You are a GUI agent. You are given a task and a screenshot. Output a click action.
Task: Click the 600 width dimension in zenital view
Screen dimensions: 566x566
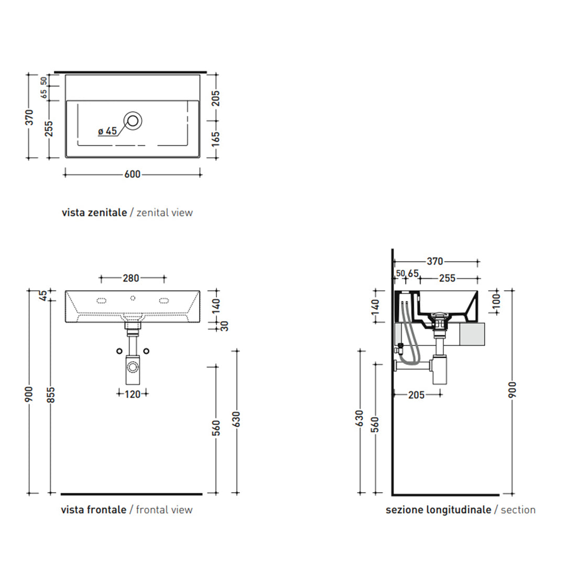132,175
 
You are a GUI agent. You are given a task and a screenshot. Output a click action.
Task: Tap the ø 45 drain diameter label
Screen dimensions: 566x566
107,130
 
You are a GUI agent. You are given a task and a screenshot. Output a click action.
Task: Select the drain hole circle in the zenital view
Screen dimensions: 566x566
133,121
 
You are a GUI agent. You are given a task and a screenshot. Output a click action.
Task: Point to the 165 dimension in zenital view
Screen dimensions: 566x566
215,139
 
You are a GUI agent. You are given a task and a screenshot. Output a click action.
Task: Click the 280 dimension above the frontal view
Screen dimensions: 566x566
130,278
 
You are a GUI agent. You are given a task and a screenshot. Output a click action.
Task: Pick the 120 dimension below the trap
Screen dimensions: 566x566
133,394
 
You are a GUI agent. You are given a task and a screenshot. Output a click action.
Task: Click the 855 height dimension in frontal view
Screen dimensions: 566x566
51,395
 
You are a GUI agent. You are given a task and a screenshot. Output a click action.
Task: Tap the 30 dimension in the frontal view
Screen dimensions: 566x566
224,326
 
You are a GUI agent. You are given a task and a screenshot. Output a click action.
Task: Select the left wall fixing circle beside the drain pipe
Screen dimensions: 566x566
119,351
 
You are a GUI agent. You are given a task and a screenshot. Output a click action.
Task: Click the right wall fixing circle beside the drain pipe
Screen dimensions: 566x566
146,351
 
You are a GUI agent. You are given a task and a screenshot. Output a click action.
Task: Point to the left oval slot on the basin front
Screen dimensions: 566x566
102,301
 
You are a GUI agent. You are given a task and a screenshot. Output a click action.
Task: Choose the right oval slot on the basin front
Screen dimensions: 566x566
164,301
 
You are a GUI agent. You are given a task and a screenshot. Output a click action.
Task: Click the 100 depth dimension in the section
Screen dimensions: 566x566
497,301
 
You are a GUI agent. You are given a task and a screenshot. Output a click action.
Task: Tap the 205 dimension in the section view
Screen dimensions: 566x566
416,395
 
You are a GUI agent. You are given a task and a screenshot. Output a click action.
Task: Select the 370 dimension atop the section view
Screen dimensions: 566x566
434,262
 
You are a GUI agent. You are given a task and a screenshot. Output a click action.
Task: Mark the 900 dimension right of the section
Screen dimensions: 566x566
512,390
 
